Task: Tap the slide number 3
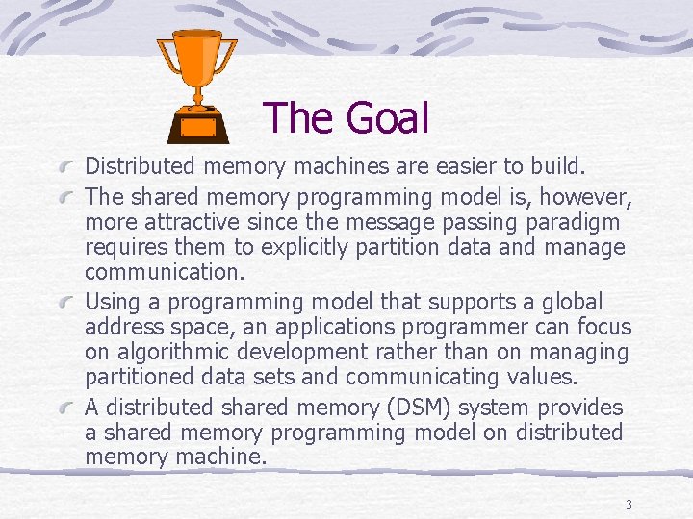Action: click(x=628, y=505)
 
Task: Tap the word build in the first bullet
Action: click(x=556, y=166)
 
